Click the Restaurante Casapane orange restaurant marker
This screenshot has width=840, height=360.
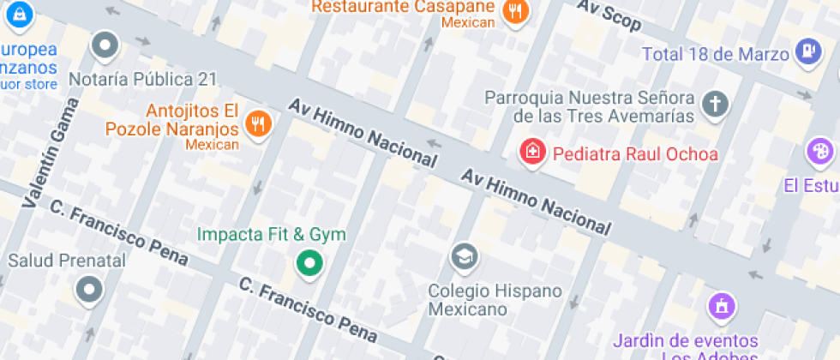pyautogui.click(x=514, y=11)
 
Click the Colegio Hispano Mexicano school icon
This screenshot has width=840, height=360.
pyautogui.click(x=465, y=255)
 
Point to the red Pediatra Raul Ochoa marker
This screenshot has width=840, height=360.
pyautogui.click(x=533, y=153)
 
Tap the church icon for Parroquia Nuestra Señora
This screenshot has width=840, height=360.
pyautogui.click(x=714, y=105)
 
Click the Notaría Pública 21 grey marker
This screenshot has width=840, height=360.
pyautogui.click(x=105, y=45)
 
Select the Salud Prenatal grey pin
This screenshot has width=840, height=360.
pyautogui.click(x=89, y=290)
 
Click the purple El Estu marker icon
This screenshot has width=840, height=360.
pyautogui.click(x=820, y=153)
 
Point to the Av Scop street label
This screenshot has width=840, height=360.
pyautogui.click(x=609, y=15)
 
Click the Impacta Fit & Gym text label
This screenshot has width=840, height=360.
pyautogui.click(x=272, y=234)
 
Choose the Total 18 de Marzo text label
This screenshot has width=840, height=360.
pyautogui.click(x=715, y=54)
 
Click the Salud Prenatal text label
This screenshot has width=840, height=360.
pyautogui.click(x=67, y=260)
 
